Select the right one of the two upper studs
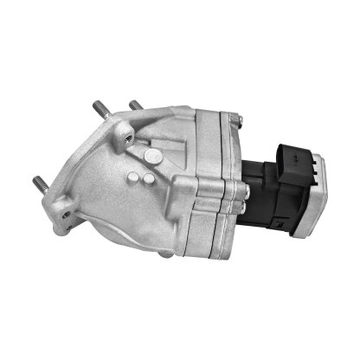135,106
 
